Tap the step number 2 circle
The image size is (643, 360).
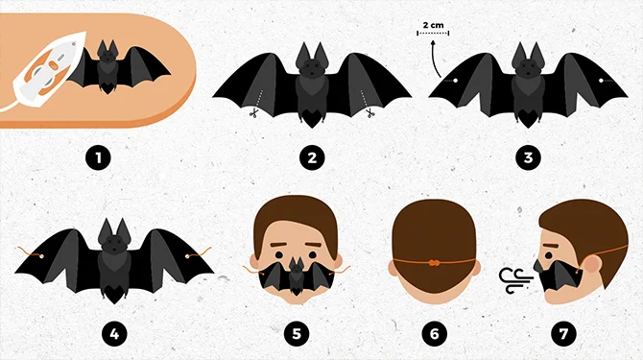tap(311, 154)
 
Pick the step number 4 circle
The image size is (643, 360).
tap(113, 334)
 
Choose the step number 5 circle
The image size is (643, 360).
tap(297, 334)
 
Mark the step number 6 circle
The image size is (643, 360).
tap(433, 334)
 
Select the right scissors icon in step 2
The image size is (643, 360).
tap(369, 113)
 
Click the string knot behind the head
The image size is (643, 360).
tap(433, 261)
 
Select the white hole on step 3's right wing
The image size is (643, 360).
tap(602, 82)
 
